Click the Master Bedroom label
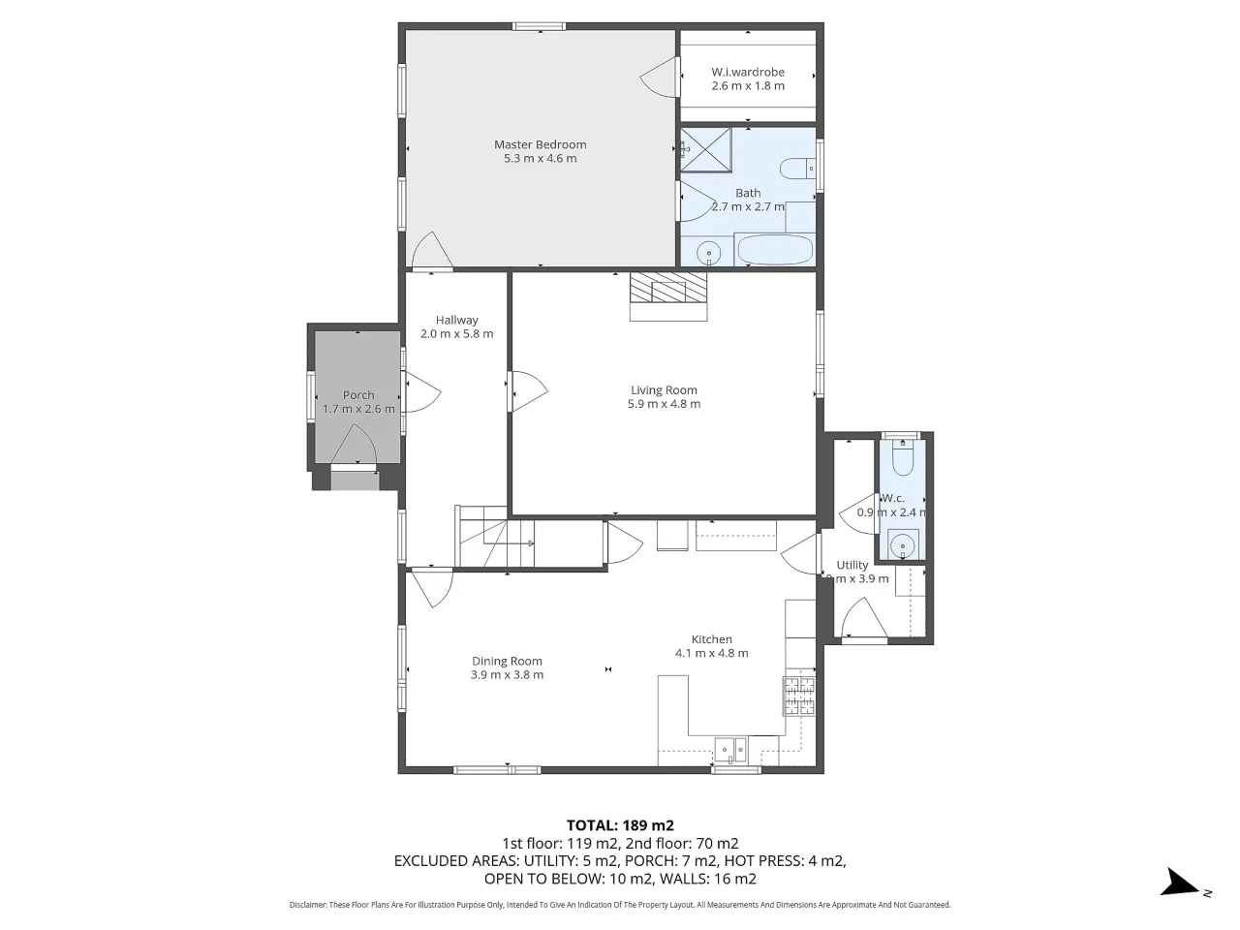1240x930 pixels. point(540,144)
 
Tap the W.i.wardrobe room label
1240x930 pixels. point(748,73)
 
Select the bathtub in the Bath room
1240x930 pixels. point(775,250)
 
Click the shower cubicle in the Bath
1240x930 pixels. point(705,149)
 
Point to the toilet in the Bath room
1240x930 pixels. point(797,169)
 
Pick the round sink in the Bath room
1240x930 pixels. point(708,253)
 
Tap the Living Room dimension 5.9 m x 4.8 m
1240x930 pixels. point(664,404)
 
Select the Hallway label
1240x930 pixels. point(457,320)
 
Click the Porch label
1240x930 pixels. point(358,395)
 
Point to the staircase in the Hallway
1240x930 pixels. point(494,537)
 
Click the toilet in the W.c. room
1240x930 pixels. point(903,456)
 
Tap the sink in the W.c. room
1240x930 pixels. point(903,544)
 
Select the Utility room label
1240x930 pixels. point(852,565)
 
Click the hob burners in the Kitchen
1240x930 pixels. point(799,697)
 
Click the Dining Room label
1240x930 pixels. point(507,661)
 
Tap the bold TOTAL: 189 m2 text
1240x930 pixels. point(620,825)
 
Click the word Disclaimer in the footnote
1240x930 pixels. point(308,905)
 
